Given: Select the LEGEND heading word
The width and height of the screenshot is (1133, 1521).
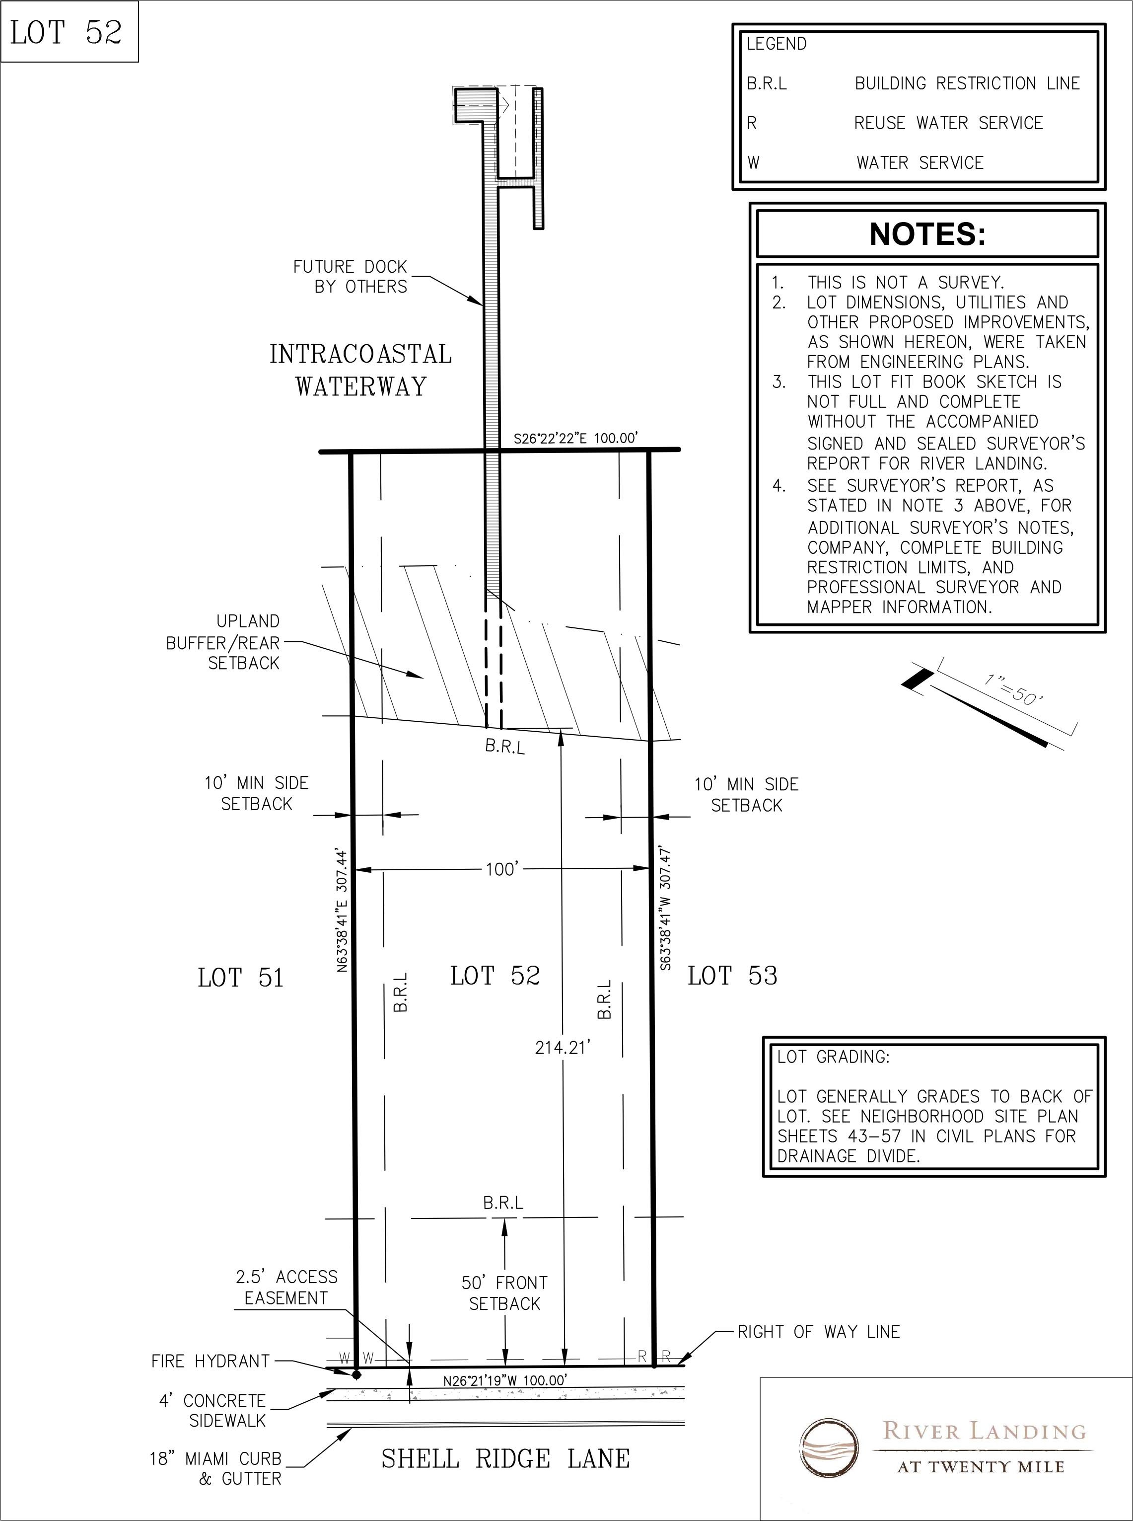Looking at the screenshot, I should [777, 44].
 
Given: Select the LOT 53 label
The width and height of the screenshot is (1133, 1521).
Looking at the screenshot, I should [732, 975].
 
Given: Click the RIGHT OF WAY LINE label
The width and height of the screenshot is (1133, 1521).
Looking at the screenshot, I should [818, 1332].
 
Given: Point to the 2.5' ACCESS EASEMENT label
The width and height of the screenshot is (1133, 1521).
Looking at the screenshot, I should [286, 1287].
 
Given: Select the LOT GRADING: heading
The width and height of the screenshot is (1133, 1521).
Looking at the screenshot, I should [833, 1057].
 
